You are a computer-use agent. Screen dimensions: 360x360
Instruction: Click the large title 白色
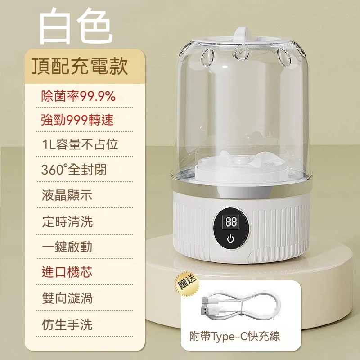coord(76,26)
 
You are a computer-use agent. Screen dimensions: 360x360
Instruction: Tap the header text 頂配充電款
coord(80,66)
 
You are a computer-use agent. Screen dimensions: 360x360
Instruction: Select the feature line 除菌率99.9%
coord(78,96)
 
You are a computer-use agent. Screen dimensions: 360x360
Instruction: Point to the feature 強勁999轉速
coord(77,120)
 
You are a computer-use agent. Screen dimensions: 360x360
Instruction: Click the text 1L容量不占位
coord(80,144)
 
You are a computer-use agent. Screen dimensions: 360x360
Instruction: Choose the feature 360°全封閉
coord(74,170)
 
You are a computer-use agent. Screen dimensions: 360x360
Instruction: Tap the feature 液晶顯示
coord(67,195)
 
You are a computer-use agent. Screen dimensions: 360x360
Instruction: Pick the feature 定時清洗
coord(67,222)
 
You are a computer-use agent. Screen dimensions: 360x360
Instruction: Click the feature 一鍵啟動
coord(67,247)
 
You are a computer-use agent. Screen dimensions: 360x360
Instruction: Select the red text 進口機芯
coord(67,272)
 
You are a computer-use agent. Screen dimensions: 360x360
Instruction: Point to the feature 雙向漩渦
coord(67,298)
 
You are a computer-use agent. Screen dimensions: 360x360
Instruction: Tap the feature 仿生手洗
coord(67,324)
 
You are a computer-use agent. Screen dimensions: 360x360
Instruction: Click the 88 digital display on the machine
coord(231,222)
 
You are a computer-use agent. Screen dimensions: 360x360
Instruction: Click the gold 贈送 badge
coord(187,284)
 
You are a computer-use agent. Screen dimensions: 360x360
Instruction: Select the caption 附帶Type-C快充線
coord(234,336)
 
